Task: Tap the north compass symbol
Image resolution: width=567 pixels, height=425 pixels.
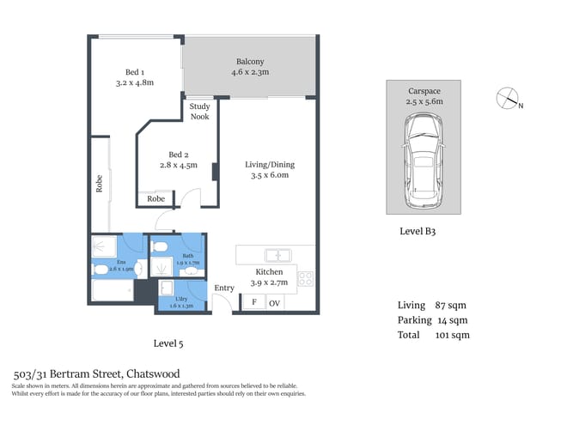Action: tap(509, 100)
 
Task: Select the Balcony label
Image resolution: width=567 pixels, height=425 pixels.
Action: tap(250, 67)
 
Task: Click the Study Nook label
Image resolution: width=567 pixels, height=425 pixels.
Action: tap(199, 112)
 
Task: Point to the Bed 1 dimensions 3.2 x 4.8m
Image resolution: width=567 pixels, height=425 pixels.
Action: tap(134, 83)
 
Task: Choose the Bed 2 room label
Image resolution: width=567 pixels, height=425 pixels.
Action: tap(179, 155)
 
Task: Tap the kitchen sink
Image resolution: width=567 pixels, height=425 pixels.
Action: tap(277, 255)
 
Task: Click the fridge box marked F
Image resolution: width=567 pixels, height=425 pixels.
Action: tap(253, 302)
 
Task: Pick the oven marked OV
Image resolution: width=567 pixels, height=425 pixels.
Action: tap(275, 302)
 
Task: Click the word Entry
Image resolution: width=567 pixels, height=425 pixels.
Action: tap(224, 288)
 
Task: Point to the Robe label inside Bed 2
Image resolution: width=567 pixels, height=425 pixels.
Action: tap(155, 198)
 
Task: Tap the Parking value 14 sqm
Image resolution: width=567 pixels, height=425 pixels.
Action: tap(454, 320)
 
